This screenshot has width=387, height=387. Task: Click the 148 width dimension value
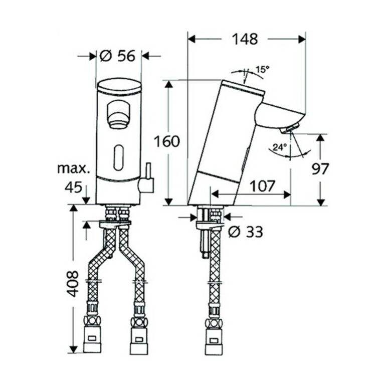pyautogui.click(x=245, y=39)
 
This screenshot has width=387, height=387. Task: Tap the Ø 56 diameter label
pyautogui.click(x=117, y=56)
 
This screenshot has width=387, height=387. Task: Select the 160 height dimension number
pyautogui.click(x=166, y=141)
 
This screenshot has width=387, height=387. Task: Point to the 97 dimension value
pyautogui.click(x=320, y=169)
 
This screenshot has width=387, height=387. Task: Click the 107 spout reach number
pyautogui.click(x=262, y=186)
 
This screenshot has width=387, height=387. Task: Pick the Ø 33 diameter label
pyautogui.click(x=245, y=232)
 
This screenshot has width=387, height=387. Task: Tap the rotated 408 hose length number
pyautogui.click(x=73, y=284)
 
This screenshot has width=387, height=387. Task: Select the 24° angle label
pyautogui.click(x=280, y=147)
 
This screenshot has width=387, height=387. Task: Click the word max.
pyautogui.click(x=74, y=168)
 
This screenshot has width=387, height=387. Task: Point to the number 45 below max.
pyautogui.click(x=73, y=187)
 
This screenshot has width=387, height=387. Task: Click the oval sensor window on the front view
pyautogui.click(x=118, y=157)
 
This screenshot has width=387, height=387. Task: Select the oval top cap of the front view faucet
pyautogui.click(x=119, y=87)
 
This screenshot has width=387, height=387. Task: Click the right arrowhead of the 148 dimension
pyautogui.click(x=302, y=39)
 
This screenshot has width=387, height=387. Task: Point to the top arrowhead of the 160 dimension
pyautogui.click(x=168, y=84)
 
